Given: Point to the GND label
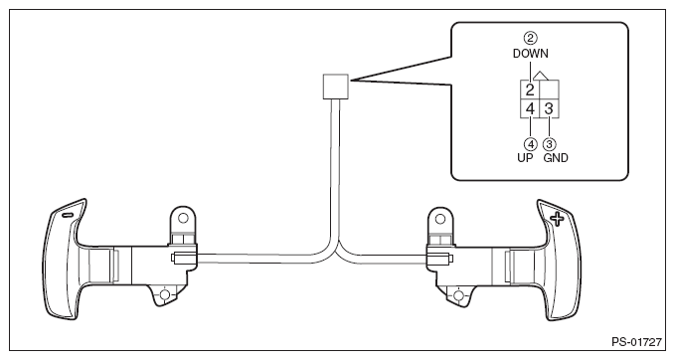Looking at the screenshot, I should point(554,157).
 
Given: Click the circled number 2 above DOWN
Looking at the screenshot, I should point(530,40).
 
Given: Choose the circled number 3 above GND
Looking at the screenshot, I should point(550,143).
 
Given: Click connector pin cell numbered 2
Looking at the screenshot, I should point(531,89).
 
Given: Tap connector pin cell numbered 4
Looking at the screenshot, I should point(531,106).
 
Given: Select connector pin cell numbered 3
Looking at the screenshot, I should point(549,106).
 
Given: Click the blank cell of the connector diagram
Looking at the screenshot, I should point(549,89).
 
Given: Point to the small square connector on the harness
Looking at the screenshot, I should point(333,87).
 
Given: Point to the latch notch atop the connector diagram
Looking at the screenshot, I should point(540,75).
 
